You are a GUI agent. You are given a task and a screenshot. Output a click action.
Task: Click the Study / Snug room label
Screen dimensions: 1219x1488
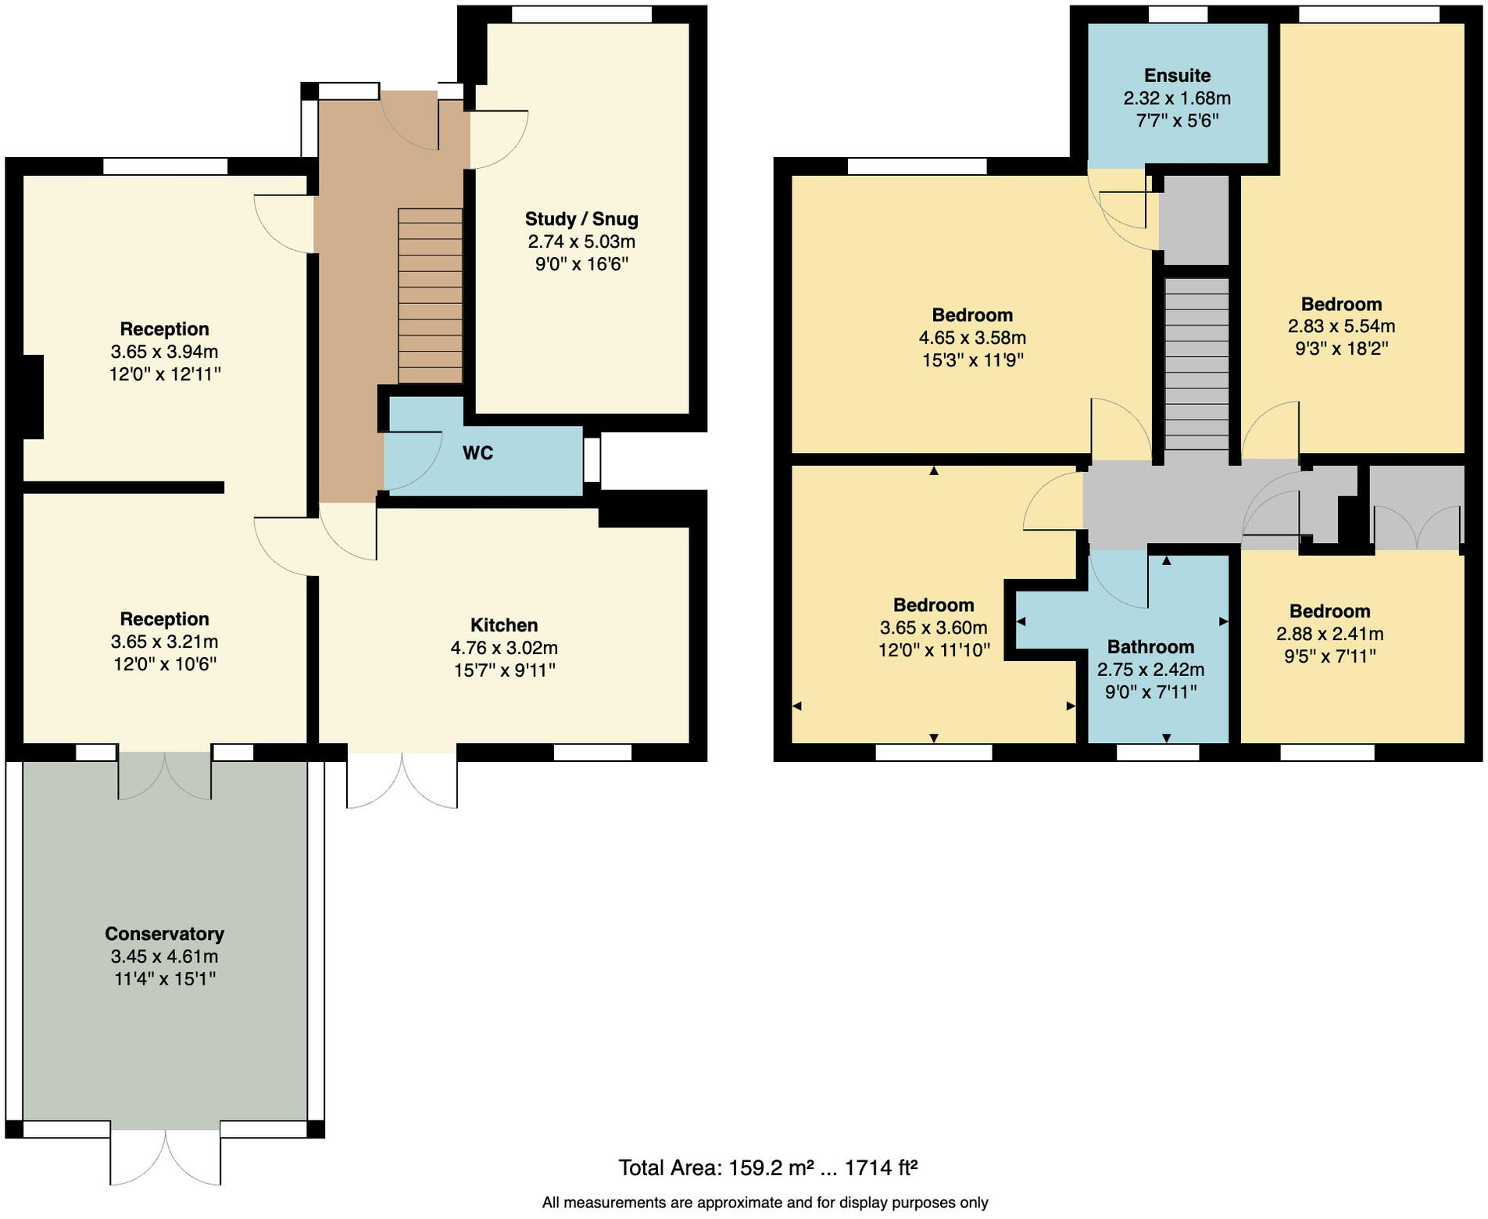(581, 219)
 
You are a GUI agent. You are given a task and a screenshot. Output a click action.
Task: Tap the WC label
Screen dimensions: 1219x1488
(478, 453)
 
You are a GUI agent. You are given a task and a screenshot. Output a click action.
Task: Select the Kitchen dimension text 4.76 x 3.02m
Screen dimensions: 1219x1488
(504, 648)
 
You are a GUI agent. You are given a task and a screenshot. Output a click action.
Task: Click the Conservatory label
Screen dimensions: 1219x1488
(164, 934)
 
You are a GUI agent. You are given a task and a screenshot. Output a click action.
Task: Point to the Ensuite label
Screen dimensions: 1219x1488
(1177, 76)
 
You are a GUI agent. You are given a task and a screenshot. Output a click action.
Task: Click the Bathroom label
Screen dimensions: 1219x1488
(1150, 647)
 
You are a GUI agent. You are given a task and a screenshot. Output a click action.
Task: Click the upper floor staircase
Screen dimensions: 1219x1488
(1196, 363)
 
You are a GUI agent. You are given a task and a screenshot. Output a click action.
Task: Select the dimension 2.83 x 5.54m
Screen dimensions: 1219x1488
(1341, 327)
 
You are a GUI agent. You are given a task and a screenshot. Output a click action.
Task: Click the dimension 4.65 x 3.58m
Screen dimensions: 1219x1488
(972, 338)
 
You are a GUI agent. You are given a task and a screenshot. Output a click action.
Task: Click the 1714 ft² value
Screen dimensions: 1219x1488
(881, 1168)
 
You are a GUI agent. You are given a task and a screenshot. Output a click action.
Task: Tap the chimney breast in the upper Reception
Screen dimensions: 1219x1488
(33, 397)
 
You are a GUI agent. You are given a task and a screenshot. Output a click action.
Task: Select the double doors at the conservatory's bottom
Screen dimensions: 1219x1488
(165, 1156)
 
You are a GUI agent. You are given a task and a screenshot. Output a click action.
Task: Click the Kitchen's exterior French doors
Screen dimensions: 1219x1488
(402, 780)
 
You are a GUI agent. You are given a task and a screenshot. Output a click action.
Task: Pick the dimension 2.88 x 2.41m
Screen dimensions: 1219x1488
(1329, 634)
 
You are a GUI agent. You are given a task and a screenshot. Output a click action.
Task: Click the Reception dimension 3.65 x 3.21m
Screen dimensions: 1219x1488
(164, 642)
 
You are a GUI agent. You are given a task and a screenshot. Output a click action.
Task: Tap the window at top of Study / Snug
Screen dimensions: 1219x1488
(581, 14)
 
